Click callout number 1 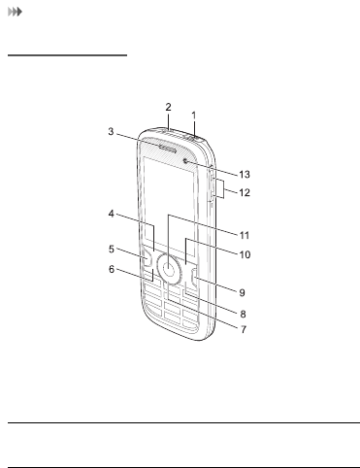coord(194,116)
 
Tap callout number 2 coord(168,107)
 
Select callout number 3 coord(111,131)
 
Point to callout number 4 coord(111,214)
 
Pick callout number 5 coord(112,249)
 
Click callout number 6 coord(112,269)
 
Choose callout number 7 coord(244,329)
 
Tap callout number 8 coord(243,314)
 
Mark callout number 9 coord(242,292)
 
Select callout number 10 coord(245,254)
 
